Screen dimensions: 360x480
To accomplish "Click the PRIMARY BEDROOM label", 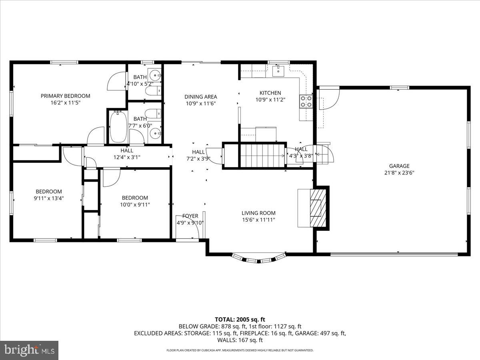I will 65,96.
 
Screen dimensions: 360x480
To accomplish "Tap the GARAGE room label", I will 399,166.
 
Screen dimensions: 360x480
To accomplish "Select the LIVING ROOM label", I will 258,213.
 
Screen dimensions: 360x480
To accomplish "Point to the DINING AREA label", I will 200,96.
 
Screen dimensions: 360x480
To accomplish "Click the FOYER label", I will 190,216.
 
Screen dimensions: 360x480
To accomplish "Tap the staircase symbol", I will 262,155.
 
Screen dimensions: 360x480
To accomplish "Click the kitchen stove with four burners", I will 306,102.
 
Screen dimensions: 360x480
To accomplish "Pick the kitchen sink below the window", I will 278,71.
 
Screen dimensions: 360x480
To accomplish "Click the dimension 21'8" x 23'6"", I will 399,173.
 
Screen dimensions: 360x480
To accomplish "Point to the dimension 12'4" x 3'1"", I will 127,157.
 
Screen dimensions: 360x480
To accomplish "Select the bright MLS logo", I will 29,350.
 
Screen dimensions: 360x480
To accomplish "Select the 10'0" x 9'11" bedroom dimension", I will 135,204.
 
